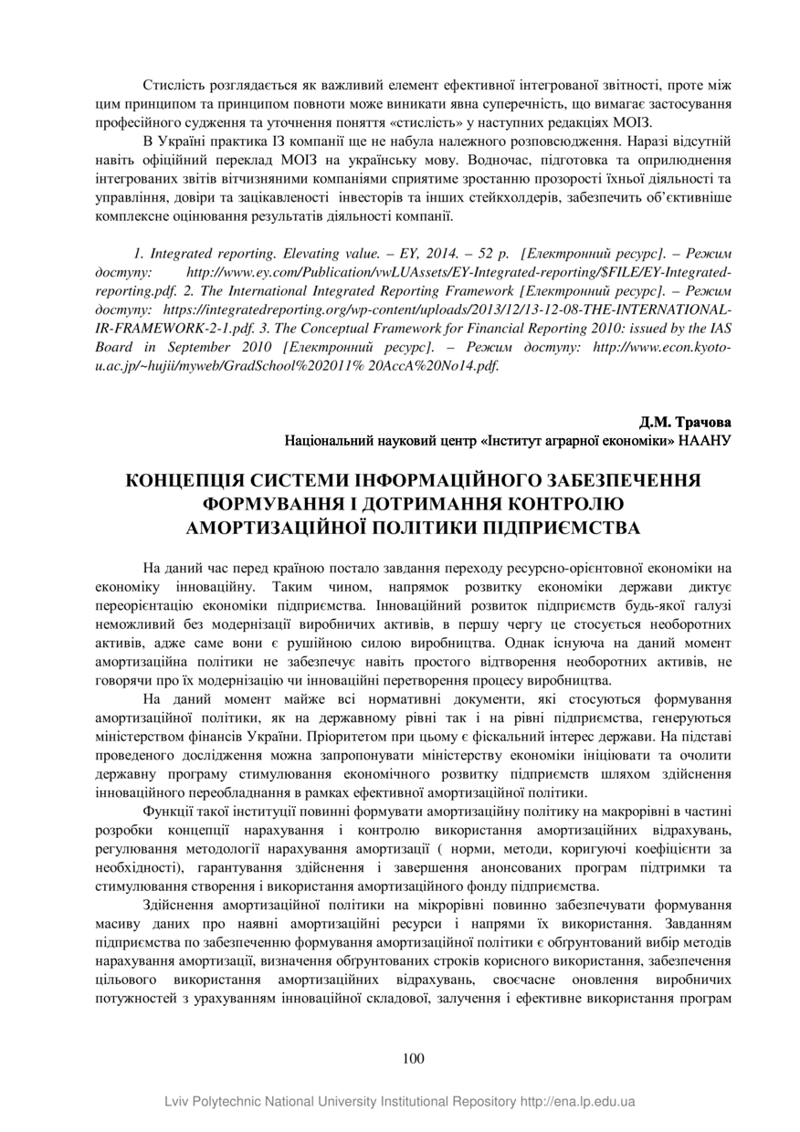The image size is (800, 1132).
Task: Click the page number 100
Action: coord(413,1058)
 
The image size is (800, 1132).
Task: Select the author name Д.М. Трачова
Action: coord(686,423)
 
